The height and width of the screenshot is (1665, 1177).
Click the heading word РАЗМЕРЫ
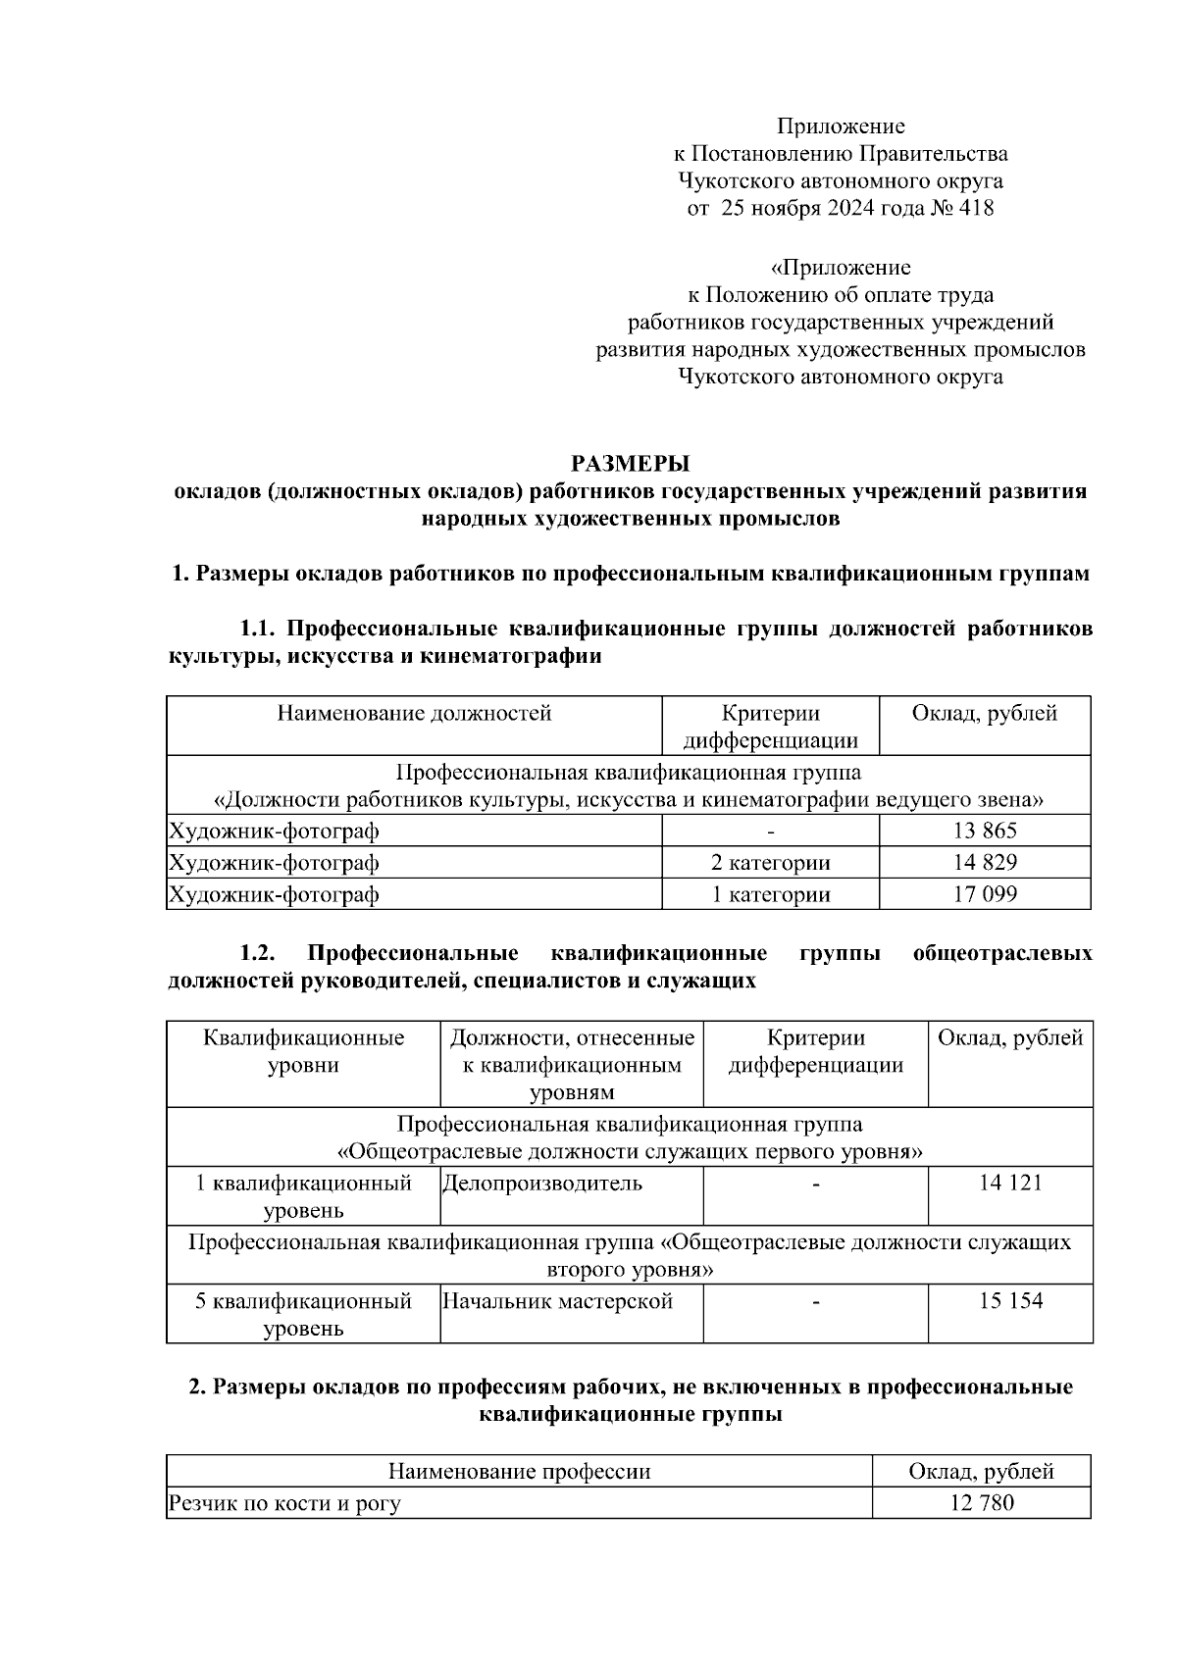coord(631,463)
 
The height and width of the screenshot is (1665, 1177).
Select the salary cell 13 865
coord(984,832)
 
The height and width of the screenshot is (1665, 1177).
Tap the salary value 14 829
coord(984,863)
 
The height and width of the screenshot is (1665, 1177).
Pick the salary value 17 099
coord(984,894)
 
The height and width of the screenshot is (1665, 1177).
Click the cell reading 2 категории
coord(770,863)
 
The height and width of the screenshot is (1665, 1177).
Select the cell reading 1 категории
coord(770,894)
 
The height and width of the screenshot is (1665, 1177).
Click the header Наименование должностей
coord(414,714)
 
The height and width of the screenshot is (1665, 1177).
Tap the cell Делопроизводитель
coord(542,1184)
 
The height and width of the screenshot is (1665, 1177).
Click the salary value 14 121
coord(1009,1184)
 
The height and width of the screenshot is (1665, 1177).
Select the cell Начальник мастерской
coord(557,1302)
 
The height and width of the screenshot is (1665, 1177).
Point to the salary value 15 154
coord(1009,1302)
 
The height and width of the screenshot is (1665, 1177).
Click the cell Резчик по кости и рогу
coord(284,1503)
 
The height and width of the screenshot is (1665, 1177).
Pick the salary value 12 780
coord(981,1503)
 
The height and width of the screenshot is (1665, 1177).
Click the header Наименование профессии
coord(519,1472)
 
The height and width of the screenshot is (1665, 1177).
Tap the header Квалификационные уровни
coord(303,1051)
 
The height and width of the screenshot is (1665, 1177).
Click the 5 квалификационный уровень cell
coord(303,1315)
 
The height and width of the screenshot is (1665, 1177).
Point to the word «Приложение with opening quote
coord(841,268)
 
